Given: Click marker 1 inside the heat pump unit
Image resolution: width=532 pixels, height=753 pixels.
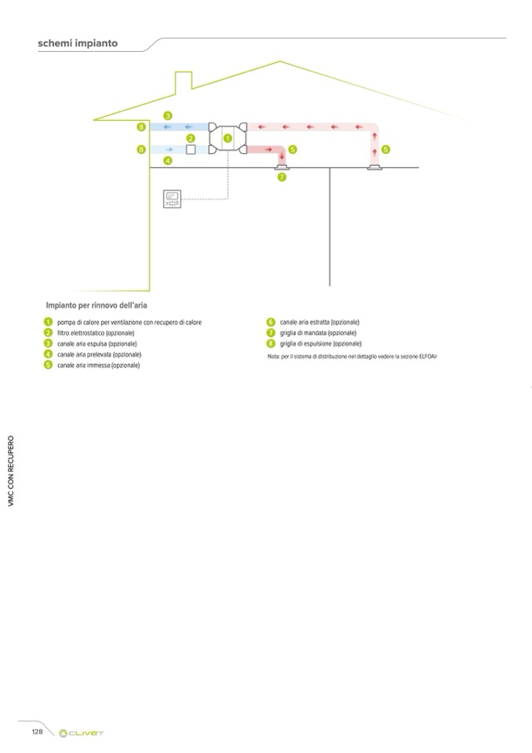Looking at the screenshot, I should [x=228, y=138].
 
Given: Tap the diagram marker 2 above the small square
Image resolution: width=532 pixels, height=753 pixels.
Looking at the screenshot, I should [x=190, y=138].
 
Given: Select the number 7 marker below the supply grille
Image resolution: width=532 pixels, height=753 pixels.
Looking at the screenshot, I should [x=282, y=177].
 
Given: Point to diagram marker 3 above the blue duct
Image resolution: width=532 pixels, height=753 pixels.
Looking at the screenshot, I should [x=168, y=116].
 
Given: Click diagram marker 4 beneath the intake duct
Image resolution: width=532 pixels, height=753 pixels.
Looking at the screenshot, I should [x=168, y=160].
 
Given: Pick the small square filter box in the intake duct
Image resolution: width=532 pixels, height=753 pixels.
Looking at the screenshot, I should [x=190, y=149].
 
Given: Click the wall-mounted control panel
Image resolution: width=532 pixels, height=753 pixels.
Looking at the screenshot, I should [x=171, y=199].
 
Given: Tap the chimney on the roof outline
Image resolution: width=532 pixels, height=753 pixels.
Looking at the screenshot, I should [x=184, y=81].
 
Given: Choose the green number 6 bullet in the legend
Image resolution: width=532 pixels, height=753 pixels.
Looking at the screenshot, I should [x=271, y=323].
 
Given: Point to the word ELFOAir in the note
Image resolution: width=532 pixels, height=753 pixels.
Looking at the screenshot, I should [x=426, y=356].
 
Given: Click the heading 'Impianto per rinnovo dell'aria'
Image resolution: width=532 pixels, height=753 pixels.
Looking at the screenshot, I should [x=97, y=304].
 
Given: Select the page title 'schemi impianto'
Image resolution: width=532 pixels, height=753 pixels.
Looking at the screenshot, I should [x=78, y=44].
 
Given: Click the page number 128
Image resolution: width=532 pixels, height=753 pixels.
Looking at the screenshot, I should [x=37, y=732].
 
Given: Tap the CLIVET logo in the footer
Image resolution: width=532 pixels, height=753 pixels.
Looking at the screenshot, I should [x=82, y=733].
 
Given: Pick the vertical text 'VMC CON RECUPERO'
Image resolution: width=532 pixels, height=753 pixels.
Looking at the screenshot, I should [x=11, y=470].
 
